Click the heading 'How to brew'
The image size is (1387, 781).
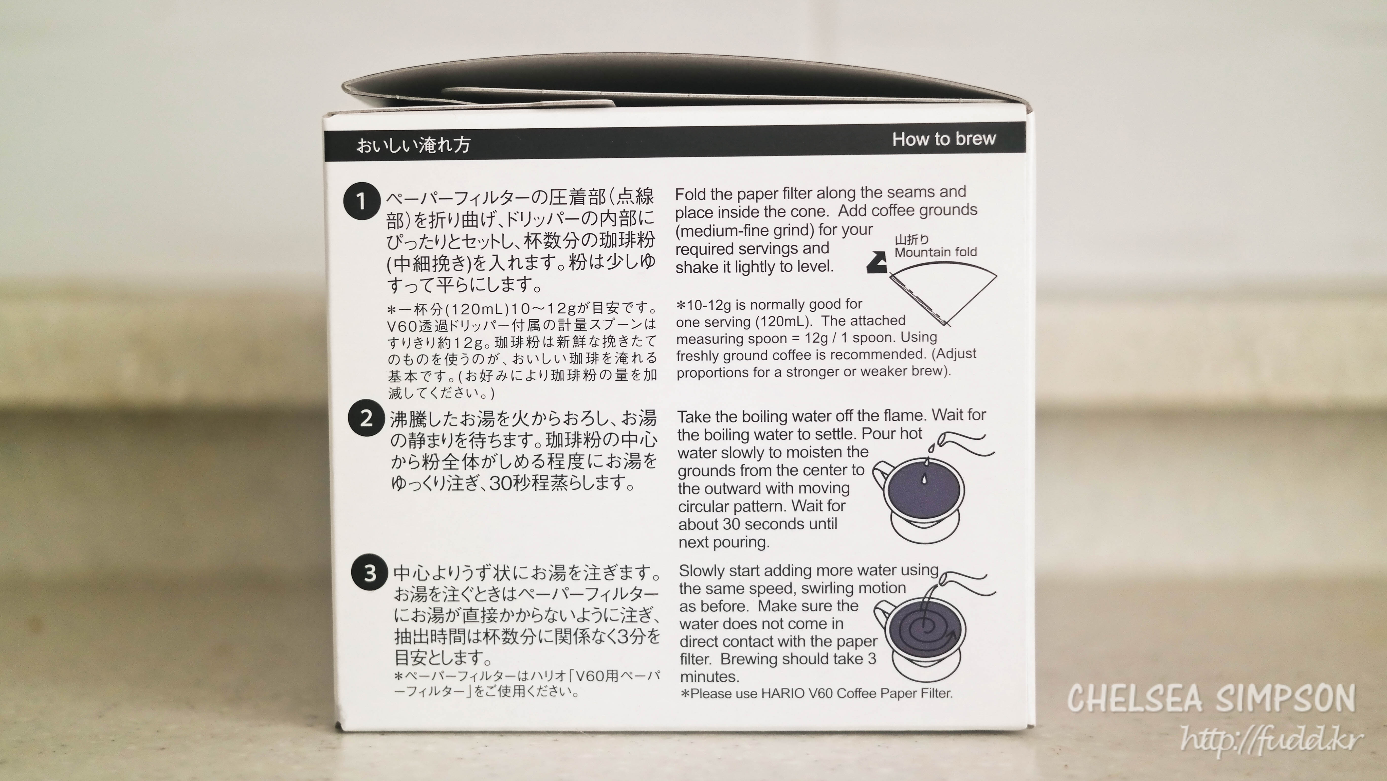[944, 139]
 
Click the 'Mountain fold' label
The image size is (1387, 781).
[935, 252]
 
